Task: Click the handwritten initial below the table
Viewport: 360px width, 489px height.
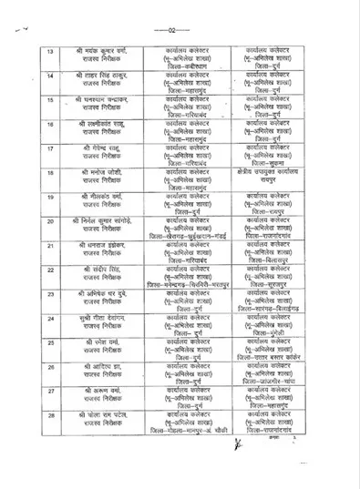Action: click(x=238, y=446)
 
